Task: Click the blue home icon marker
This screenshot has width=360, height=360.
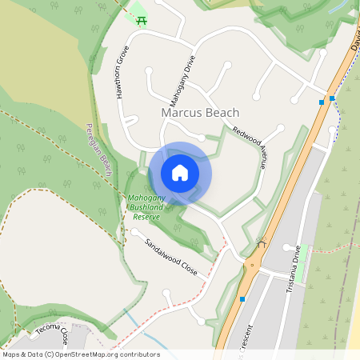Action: (180, 173)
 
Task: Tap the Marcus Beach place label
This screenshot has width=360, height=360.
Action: (199, 113)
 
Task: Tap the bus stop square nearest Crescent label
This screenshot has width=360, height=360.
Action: (242, 299)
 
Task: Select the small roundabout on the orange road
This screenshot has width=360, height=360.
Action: (253, 265)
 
